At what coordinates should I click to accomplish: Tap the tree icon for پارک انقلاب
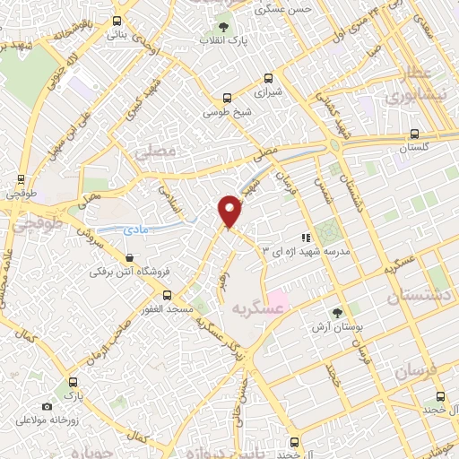tap(222, 27)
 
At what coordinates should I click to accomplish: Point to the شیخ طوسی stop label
tap(227, 112)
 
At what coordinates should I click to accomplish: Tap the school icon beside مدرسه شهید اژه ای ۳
tap(306, 238)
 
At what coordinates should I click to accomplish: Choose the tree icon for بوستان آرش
tap(336, 313)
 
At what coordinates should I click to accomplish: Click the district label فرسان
tap(412, 369)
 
